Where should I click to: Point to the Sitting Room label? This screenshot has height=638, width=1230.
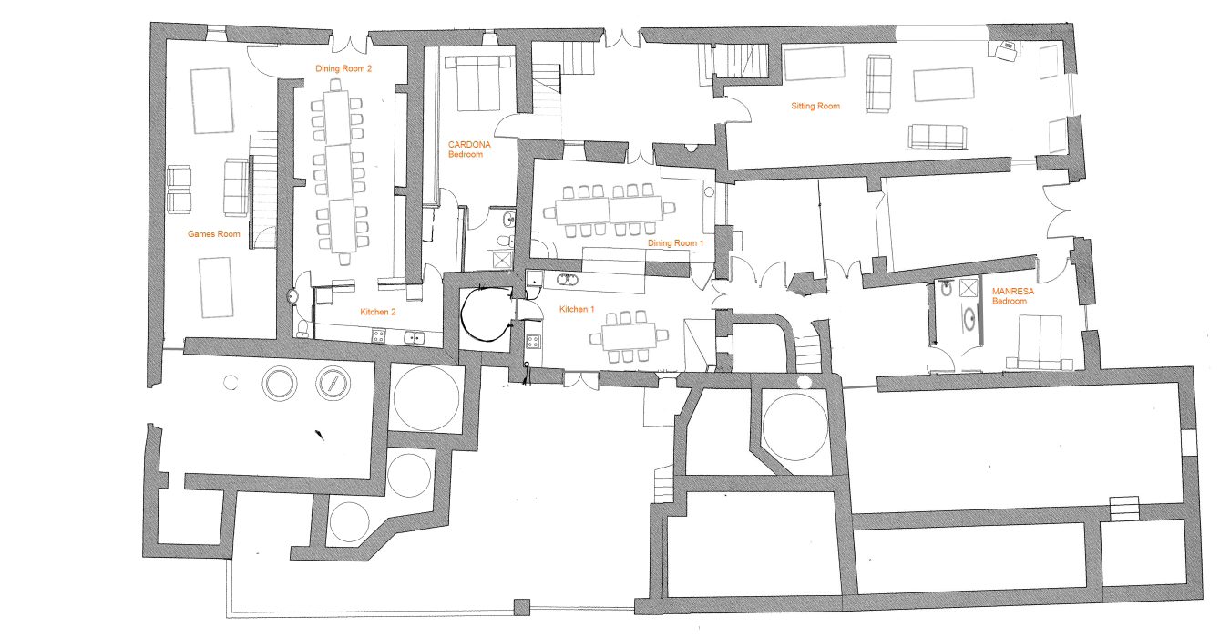tap(815, 107)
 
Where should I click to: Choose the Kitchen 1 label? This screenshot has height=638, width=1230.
tap(578, 310)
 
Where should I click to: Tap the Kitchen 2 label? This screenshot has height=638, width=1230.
tap(378, 312)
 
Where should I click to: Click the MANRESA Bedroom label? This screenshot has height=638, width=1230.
tap(1011, 296)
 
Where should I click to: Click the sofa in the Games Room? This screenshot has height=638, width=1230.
tap(236, 187)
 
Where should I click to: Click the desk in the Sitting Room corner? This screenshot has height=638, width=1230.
tap(1009, 50)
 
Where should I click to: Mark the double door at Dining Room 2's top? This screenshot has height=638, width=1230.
tap(350, 42)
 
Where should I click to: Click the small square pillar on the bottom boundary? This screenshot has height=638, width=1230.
tap(522, 607)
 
